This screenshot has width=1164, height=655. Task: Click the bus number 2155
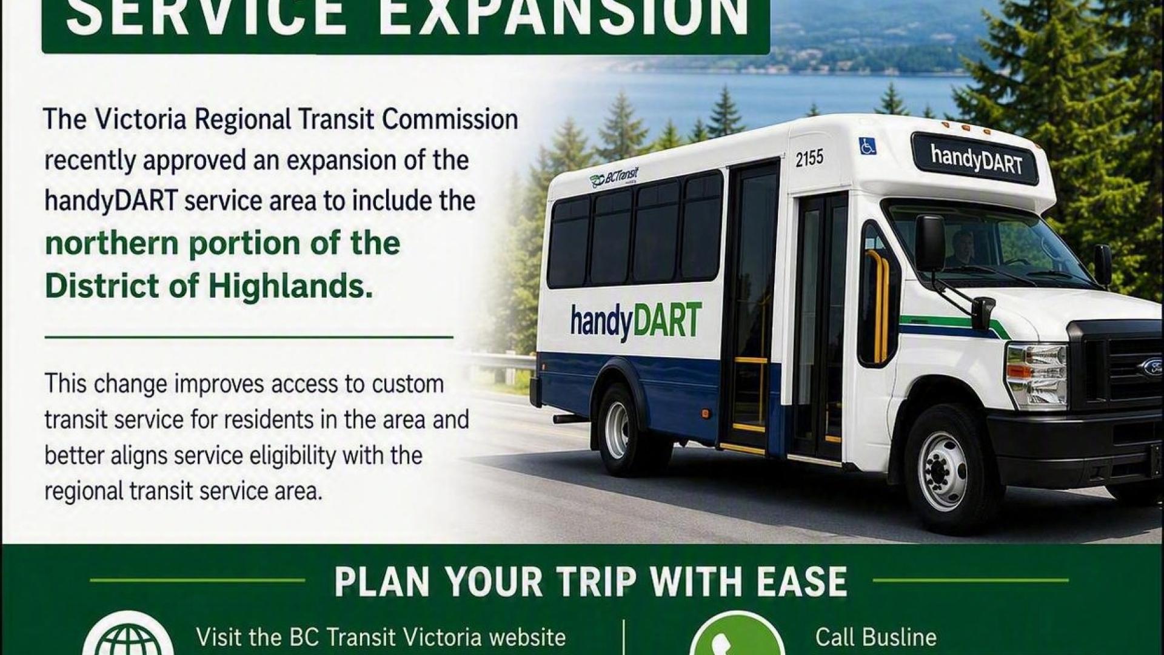click(x=809, y=158)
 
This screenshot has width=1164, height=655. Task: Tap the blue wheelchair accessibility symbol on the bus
click(x=868, y=146)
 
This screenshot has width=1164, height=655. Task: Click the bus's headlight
click(x=1036, y=368)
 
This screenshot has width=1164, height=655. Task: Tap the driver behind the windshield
click(x=960, y=249)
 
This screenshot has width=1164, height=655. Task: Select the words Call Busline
click(x=875, y=637)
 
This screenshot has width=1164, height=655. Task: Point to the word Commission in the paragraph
click(x=450, y=119)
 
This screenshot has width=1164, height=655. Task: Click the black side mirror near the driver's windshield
click(x=930, y=243)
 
